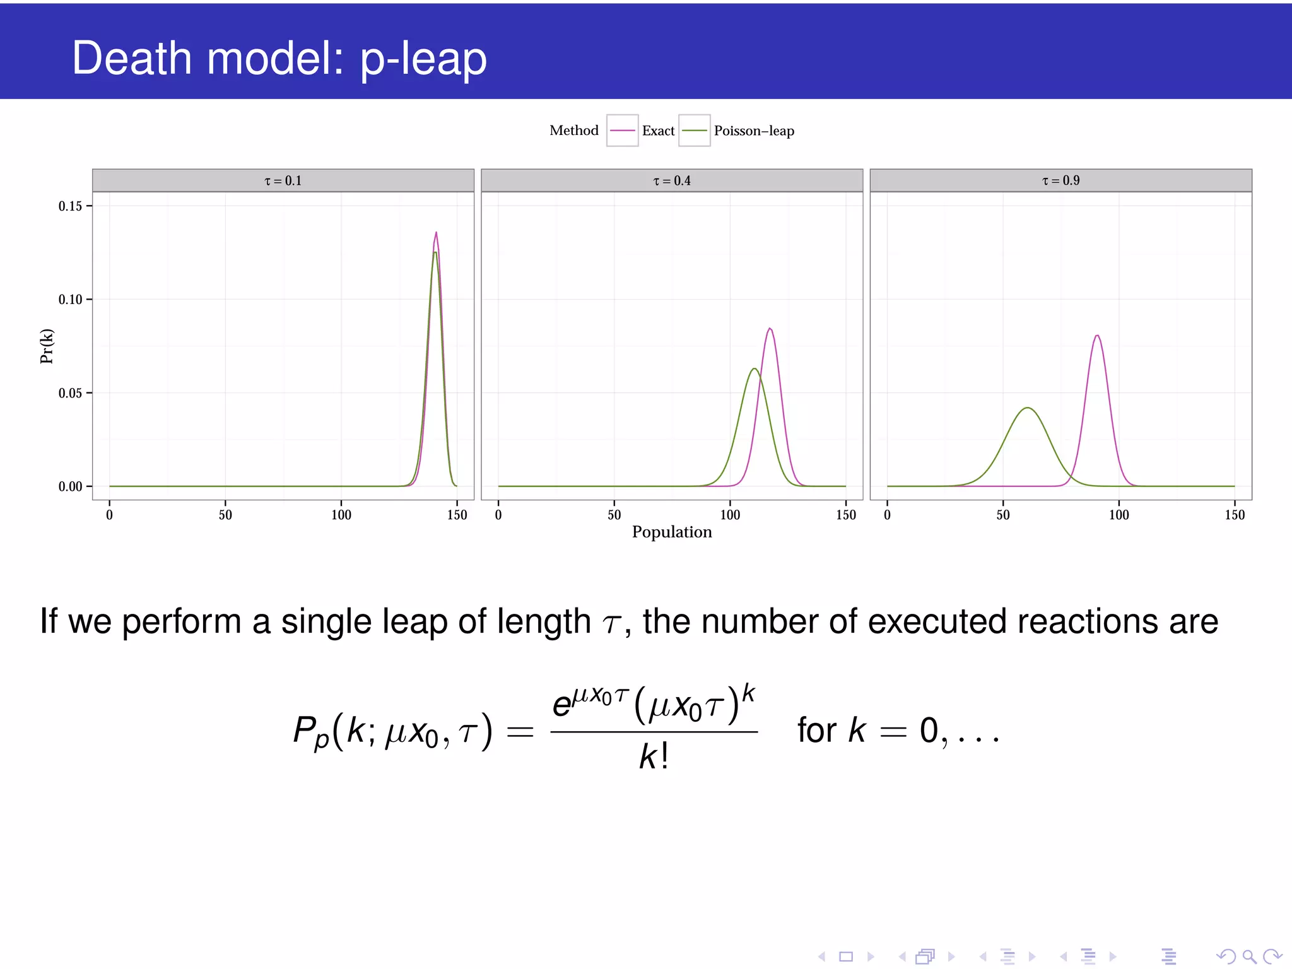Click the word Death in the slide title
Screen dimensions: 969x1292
click(x=131, y=58)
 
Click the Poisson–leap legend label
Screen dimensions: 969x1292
click(x=754, y=131)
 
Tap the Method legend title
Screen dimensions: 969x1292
click(x=573, y=131)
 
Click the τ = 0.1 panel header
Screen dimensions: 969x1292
click(x=283, y=180)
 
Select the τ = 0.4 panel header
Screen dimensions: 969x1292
click(x=671, y=180)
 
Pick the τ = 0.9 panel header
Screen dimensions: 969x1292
click(x=1060, y=180)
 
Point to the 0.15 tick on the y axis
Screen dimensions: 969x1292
click(x=71, y=206)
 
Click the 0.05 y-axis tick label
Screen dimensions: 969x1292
click(x=71, y=393)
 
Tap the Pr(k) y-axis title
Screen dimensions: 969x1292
click(x=47, y=346)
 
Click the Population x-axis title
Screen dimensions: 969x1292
click(x=671, y=532)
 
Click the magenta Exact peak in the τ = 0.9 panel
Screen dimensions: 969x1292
click(x=1097, y=336)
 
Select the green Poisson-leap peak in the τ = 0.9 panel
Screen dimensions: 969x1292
click(x=1028, y=408)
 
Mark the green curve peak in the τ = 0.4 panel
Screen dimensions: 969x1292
click(x=754, y=369)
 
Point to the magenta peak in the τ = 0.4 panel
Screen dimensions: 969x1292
click(x=770, y=329)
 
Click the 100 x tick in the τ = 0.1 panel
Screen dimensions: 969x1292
click(x=341, y=515)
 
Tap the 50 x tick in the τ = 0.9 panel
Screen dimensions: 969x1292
click(x=1003, y=515)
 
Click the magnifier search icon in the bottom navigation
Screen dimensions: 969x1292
click(x=1249, y=956)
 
